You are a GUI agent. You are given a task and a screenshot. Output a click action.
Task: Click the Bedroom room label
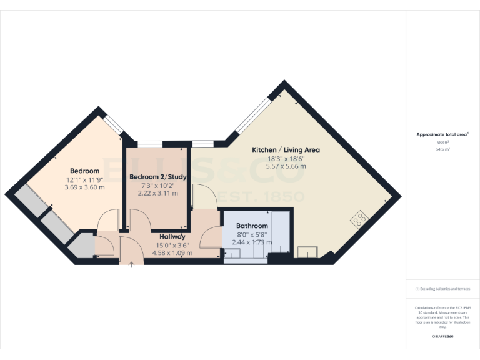point(84,171)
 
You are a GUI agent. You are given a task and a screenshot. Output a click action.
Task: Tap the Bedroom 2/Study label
point(158,177)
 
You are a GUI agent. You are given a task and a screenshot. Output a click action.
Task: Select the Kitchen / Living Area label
point(286,150)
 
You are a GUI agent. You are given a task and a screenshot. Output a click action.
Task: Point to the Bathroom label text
point(252,226)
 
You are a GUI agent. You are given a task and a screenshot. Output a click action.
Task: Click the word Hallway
point(172,237)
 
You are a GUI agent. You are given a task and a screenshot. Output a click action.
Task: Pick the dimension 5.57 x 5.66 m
point(286,166)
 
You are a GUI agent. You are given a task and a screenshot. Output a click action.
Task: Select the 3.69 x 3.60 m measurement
point(84,187)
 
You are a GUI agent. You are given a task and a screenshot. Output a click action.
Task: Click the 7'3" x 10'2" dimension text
point(158,186)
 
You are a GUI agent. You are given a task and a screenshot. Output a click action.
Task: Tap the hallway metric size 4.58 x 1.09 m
point(172,253)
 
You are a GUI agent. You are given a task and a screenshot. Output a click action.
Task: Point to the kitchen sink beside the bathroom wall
point(308,252)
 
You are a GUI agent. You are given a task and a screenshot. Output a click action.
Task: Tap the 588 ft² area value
point(442,143)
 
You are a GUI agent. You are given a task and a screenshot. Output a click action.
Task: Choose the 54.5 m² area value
point(442,149)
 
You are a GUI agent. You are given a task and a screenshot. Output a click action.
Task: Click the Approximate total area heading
point(442,134)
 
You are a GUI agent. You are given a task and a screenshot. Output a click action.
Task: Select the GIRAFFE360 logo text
point(442,337)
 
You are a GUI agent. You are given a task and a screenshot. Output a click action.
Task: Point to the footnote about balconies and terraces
point(442,289)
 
